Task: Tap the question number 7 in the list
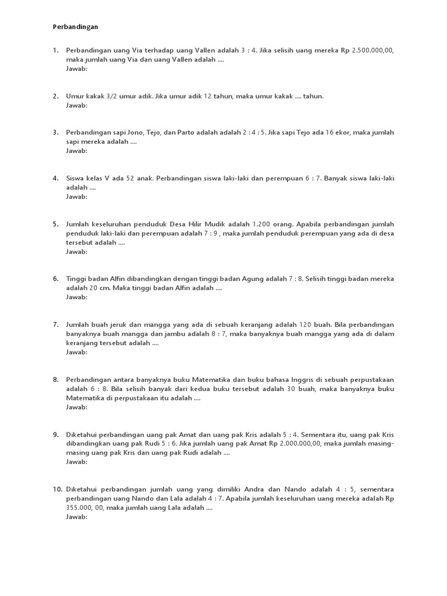pos(56,324)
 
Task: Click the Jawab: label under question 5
pos(77,251)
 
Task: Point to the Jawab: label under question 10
pos(77,517)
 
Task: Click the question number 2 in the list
pos(56,96)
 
